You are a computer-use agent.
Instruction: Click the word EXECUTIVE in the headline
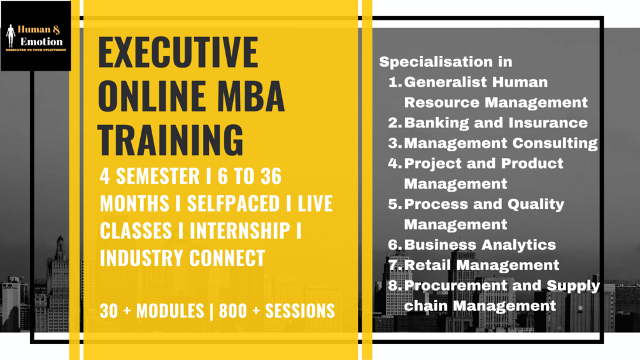point(178,52)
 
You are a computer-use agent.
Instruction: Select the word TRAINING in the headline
point(171,140)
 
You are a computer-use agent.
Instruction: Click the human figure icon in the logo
point(11,36)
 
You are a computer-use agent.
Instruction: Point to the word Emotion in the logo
point(41,41)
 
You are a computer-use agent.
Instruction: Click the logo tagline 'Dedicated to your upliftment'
point(36,50)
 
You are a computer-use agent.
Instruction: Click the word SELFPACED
point(233,203)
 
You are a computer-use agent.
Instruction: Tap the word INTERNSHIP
point(240,231)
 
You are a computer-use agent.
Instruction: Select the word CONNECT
point(227,258)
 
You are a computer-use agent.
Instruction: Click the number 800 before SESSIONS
point(233,311)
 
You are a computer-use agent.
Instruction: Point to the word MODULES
point(170,311)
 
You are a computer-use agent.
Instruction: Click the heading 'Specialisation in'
point(446,62)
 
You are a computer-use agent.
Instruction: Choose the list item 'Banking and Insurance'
point(496,122)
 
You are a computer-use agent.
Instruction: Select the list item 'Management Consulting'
point(501,143)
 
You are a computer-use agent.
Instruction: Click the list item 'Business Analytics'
point(480,245)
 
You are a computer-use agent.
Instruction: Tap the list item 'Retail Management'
point(481,265)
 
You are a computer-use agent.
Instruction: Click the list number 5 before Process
point(394,204)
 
